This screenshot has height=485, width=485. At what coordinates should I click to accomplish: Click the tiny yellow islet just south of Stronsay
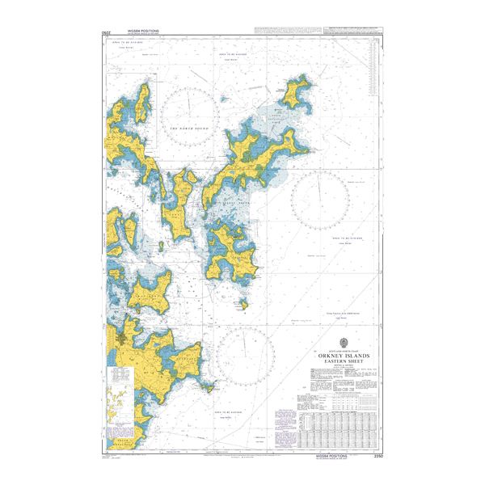pyautogui.click(x=240, y=306)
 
